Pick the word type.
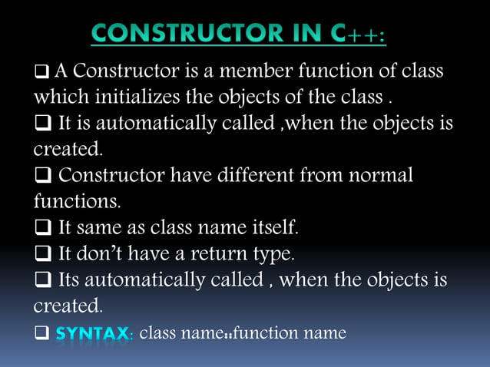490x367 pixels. click(x=273, y=254)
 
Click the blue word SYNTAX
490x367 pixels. click(x=94, y=334)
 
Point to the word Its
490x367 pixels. click(x=73, y=279)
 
